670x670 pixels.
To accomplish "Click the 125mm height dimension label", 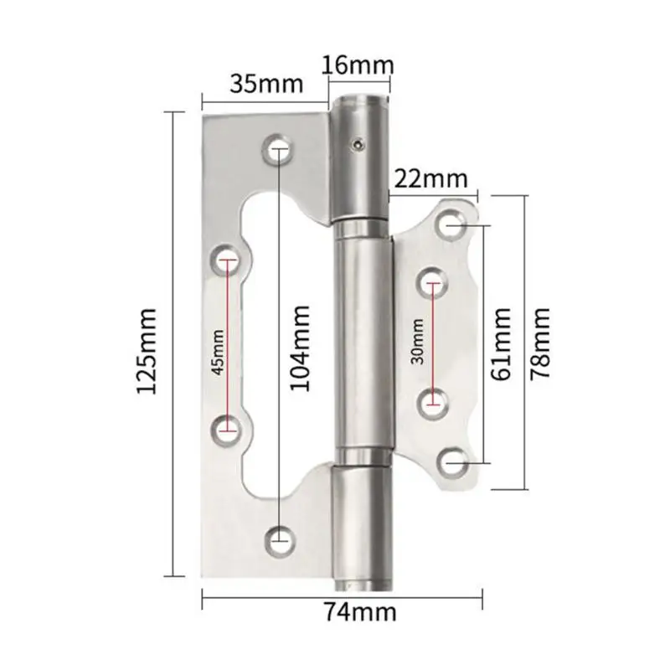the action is (146, 351).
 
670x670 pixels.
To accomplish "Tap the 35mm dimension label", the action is (266, 84).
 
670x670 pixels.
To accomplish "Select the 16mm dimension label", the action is (358, 65).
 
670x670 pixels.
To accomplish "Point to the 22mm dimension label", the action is (430, 179).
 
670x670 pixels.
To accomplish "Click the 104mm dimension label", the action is (300, 348).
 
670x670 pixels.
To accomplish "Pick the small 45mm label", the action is (218, 352).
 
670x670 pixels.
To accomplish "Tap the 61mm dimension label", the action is (501, 344).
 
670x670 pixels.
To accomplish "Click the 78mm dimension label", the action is (539, 344).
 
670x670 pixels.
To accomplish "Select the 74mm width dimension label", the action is (361, 612).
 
